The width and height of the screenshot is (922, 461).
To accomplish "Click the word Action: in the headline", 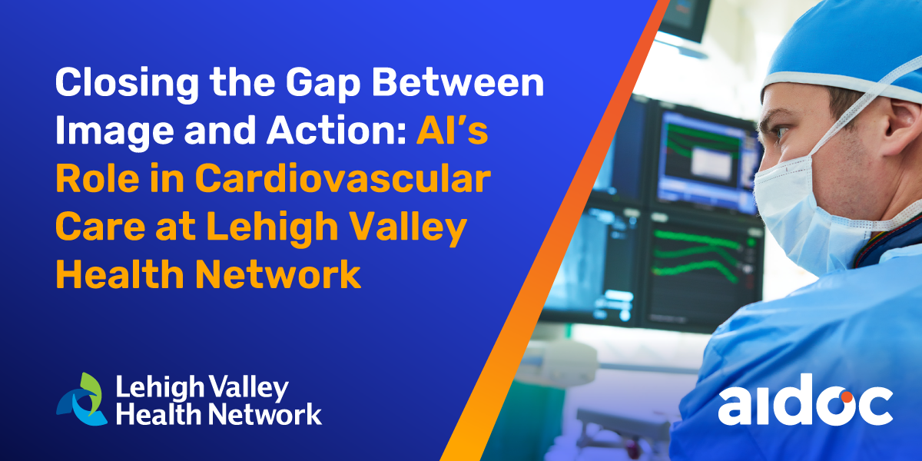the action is click(337, 130).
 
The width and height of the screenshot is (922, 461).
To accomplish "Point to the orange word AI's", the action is click(453, 129).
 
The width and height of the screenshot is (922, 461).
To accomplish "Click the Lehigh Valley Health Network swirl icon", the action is click(81, 399).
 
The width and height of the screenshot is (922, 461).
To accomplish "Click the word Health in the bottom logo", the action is click(160, 413).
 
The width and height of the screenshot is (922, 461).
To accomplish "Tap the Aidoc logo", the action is click(805, 400).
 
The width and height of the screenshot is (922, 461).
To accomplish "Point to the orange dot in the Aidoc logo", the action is click(847, 397).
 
